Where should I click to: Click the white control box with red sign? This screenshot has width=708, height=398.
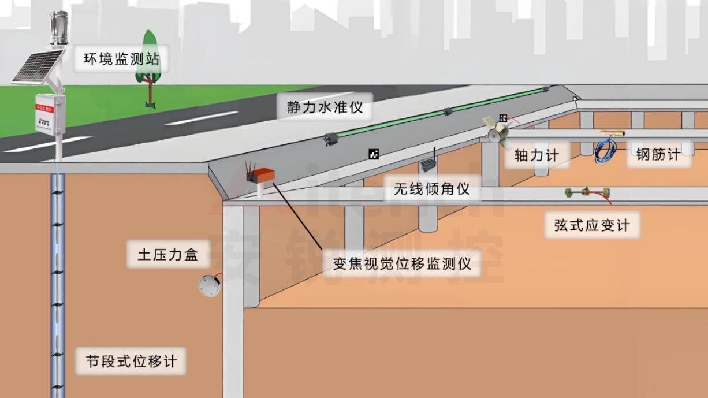pos(50,113)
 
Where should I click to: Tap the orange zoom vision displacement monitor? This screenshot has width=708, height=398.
pos(263,174)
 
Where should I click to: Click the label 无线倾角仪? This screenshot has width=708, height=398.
pos(431,188)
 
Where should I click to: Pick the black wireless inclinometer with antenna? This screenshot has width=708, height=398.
pos(428,165)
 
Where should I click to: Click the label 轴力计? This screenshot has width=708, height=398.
pos(536,154)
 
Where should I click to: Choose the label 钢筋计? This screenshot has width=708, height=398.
pos(658,154)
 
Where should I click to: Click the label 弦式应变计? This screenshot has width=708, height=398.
pos(592,225)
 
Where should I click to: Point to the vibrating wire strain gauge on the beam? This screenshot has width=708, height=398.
pos(586,192)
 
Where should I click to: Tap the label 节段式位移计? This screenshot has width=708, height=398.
pos(131,362)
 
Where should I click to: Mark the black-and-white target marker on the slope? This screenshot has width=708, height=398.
pos(374,153)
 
